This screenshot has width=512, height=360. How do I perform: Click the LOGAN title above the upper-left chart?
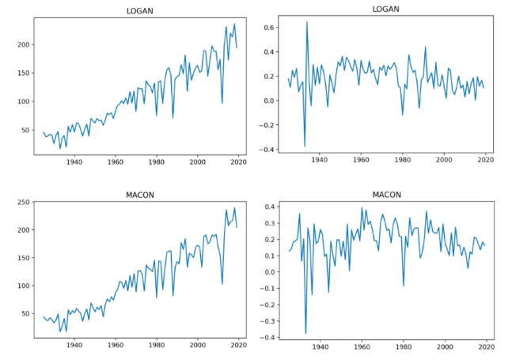[138, 10]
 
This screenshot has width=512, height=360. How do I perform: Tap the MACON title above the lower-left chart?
[138, 195]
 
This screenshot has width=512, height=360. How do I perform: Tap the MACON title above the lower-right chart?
[386, 195]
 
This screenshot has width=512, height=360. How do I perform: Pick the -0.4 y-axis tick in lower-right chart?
[267, 338]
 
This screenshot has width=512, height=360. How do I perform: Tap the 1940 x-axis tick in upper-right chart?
[320, 161]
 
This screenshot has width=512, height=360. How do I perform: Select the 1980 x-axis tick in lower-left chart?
[157, 346]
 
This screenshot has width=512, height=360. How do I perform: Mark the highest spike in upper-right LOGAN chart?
[307, 22]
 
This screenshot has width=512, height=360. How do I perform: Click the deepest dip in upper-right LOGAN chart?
[305, 146]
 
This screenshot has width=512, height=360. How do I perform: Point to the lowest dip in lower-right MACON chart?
[305, 333]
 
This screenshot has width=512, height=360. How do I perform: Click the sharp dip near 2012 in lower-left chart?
[222, 283]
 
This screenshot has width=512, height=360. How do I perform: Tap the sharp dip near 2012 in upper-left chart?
[222, 103]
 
